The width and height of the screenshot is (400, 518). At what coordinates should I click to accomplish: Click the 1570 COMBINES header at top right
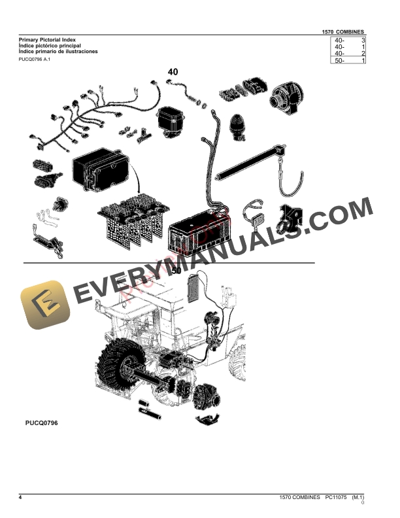(344, 31)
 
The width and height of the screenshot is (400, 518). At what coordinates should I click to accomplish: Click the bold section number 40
(173, 71)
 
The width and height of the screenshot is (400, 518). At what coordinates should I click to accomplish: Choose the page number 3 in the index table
(363, 40)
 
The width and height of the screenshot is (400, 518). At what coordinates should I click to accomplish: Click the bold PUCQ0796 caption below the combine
(38, 424)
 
